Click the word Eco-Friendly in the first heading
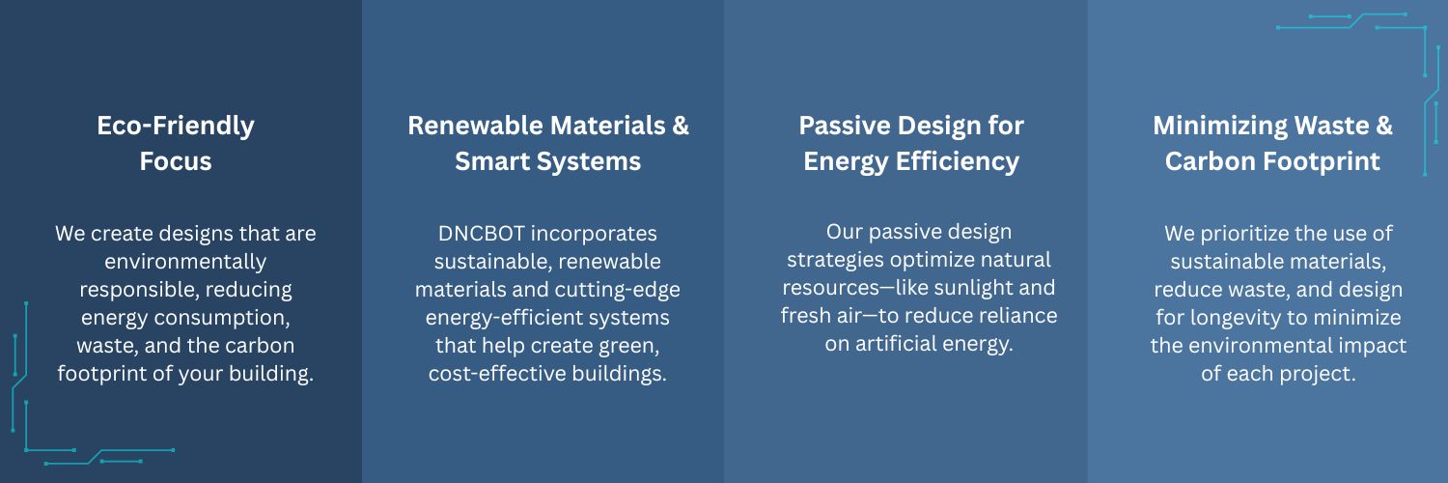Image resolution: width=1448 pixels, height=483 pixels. [175, 127]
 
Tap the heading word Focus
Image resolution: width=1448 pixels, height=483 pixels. [175, 161]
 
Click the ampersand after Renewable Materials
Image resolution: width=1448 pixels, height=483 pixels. [681, 126]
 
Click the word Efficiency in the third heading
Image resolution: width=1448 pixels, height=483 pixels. [957, 161]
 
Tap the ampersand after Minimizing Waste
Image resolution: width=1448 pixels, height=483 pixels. [1384, 126]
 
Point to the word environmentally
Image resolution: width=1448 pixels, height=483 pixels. [185, 262]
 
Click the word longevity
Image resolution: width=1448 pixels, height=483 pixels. [1238, 318]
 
